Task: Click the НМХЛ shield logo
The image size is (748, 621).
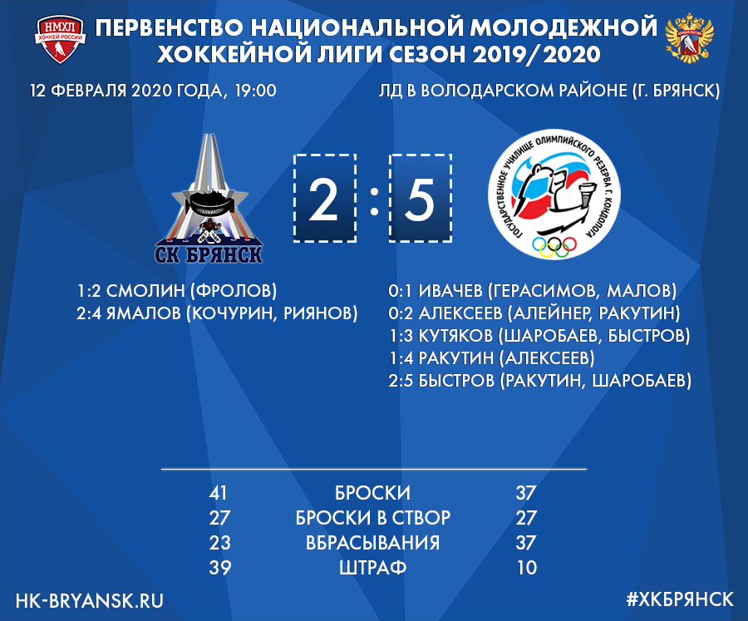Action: pyautogui.click(x=60, y=39)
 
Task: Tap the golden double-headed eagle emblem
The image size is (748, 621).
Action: pyautogui.click(x=689, y=39)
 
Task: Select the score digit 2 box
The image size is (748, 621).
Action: pyautogui.click(x=324, y=198)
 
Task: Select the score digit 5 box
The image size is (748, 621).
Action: pyautogui.click(x=421, y=198)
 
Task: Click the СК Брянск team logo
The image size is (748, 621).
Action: pyautogui.click(x=209, y=199)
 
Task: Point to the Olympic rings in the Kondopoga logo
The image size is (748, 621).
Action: pyautogui.click(x=554, y=246)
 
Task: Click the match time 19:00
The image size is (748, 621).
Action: pyautogui.click(x=255, y=91)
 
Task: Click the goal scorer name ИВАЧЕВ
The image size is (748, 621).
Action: pyautogui.click(x=450, y=290)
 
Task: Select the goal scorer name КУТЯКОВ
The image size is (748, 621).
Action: pyautogui.click(x=455, y=336)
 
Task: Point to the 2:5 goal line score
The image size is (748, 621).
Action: pyautogui.click(x=401, y=381)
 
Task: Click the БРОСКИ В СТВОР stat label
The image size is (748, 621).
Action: pyautogui.click(x=372, y=518)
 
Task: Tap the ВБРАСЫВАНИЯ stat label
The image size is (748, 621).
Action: pyautogui.click(x=372, y=543)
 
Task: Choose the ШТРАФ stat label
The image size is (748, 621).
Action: pyautogui.click(x=372, y=568)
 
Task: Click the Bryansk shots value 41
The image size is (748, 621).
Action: pyautogui.click(x=219, y=493)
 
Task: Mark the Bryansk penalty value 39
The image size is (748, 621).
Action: pyautogui.click(x=220, y=568)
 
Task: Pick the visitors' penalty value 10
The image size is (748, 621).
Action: pyautogui.click(x=527, y=568)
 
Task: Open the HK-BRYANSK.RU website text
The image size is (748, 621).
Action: pyautogui.click(x=89, y=600)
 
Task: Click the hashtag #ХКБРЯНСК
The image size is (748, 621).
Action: pyautogui.click(x=680, y=599)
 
